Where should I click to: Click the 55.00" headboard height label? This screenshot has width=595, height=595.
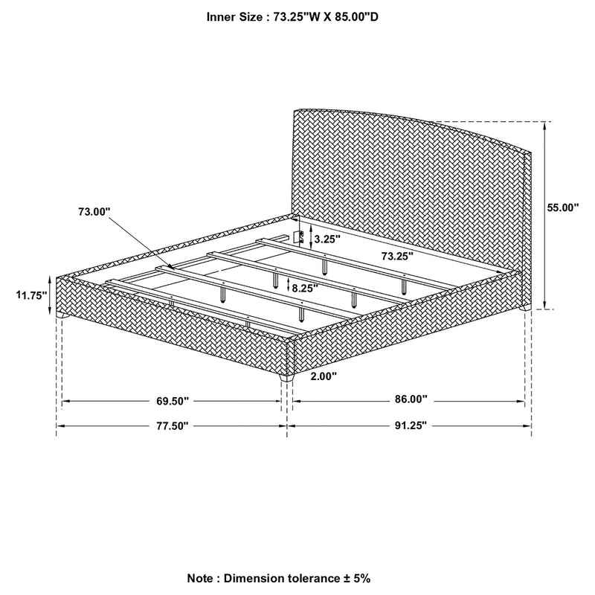(x=563, y=208)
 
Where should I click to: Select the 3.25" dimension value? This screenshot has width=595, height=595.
(x=327, y=239)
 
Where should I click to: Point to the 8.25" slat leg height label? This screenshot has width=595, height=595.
(x=305, y=288)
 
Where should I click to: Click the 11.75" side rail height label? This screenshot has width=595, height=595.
(x=31, y=295)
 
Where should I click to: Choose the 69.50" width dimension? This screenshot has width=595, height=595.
(x=173, y=401)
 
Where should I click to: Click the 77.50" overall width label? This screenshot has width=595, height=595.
(x=173, y=425)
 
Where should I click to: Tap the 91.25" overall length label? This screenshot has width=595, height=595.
(x=411, y=425)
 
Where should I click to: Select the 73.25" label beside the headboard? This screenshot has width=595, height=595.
(x=397, y=256)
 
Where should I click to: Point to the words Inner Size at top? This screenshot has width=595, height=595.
(x=234, y=17)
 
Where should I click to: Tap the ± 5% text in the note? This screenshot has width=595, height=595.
(x=356, y=579)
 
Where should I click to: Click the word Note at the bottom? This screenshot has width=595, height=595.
(x=200, y=579)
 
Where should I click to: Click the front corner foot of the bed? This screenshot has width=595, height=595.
(x=286, y=379)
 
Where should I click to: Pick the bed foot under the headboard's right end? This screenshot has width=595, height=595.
(x=525, y=308)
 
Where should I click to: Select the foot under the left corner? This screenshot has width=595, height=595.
(x=62, y=315)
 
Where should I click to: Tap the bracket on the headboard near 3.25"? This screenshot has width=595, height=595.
(x=299, y=237)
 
